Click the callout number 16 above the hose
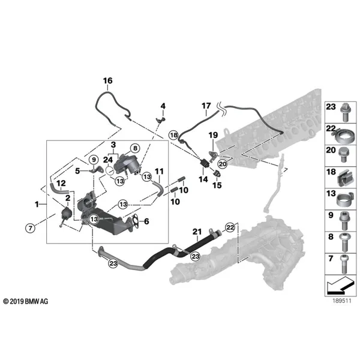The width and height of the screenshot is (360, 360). pos(107,81)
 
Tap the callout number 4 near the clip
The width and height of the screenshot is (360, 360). pos(163,106)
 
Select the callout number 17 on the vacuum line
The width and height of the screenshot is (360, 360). pos(206,106)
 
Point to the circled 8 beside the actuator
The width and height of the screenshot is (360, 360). pos(135,148)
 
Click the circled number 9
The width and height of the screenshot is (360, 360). pos(94,160)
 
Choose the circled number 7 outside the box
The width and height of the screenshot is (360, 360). pos(31,228)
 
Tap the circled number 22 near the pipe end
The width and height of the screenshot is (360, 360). pos(230,227)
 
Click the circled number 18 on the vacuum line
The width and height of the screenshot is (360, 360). pos(173,135)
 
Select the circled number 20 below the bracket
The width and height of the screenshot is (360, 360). pos(223,164)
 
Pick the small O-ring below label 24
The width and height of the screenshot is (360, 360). pos(110,170)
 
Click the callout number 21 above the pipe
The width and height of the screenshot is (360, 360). pos(197,232)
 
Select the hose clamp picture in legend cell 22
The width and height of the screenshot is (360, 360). pos(343,136)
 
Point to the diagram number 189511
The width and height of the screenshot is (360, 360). pos(342,301)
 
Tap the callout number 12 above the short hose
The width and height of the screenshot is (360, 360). pos(61,184)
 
